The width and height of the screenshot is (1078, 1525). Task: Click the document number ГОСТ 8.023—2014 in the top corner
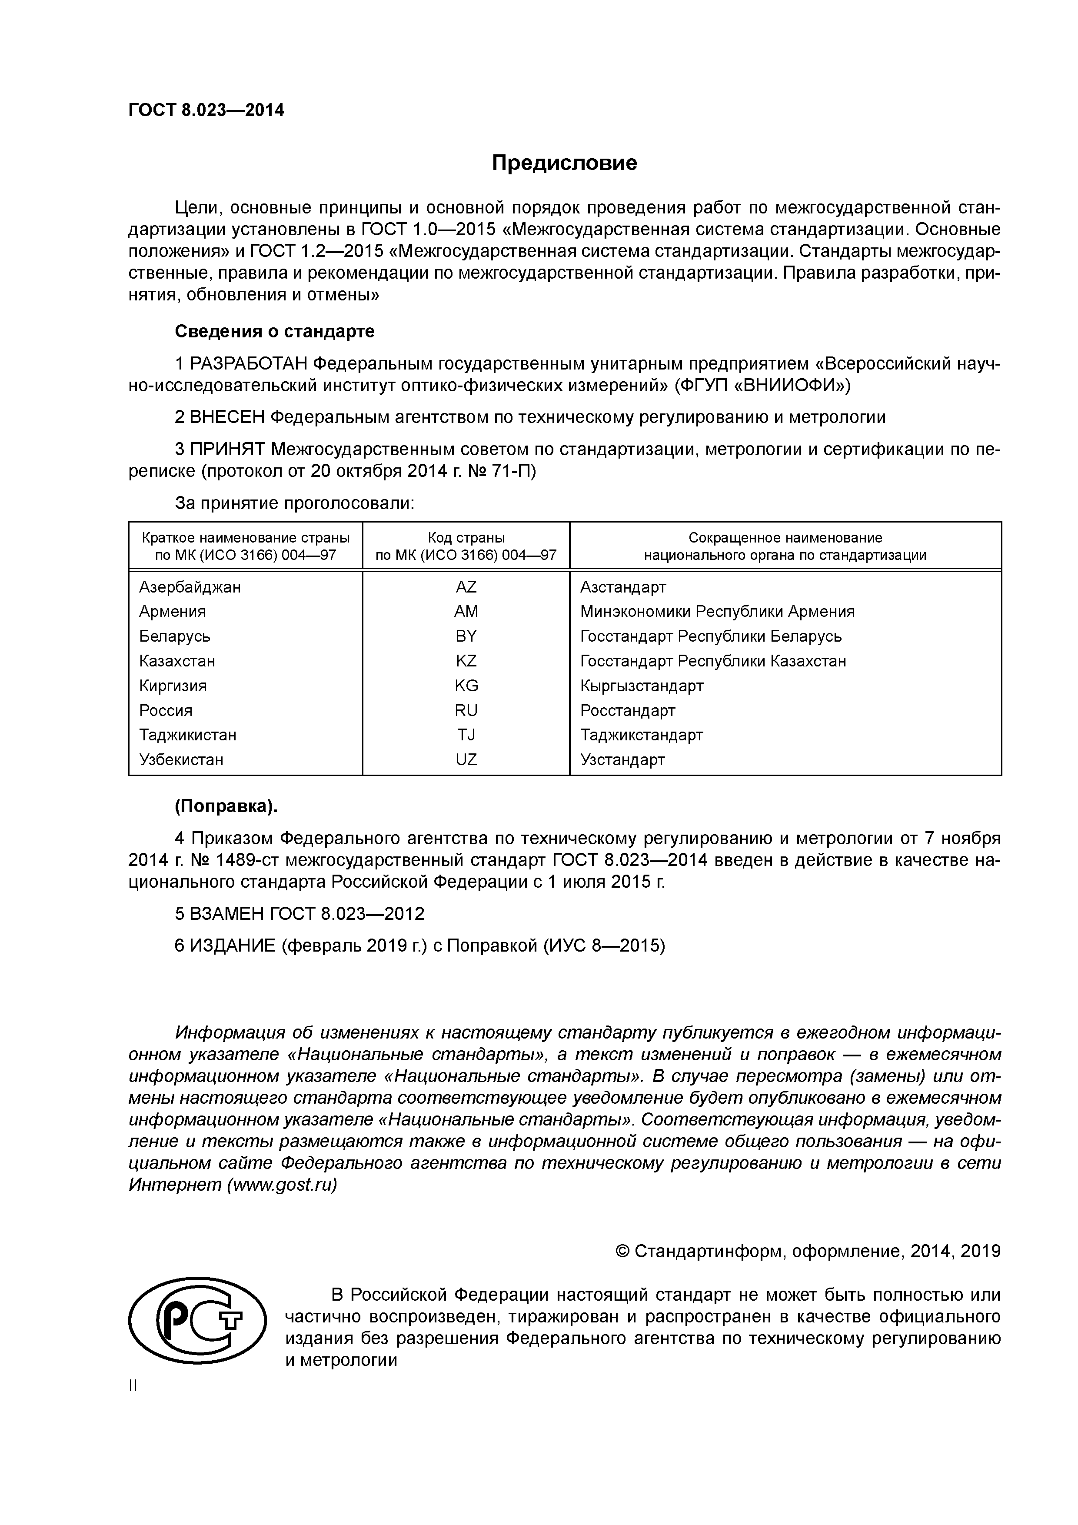coord(206,110)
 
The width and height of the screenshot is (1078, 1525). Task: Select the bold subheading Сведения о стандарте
coord(274,331)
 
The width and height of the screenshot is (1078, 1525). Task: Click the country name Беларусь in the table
coord(175,636)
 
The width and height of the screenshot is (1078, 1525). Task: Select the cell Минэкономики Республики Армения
coord(717,612)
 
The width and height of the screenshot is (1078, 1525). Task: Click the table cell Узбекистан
coord(181,760)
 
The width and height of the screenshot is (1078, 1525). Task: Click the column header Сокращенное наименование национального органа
coord(785,546)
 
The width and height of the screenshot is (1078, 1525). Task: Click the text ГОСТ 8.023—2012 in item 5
coord(347,914)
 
